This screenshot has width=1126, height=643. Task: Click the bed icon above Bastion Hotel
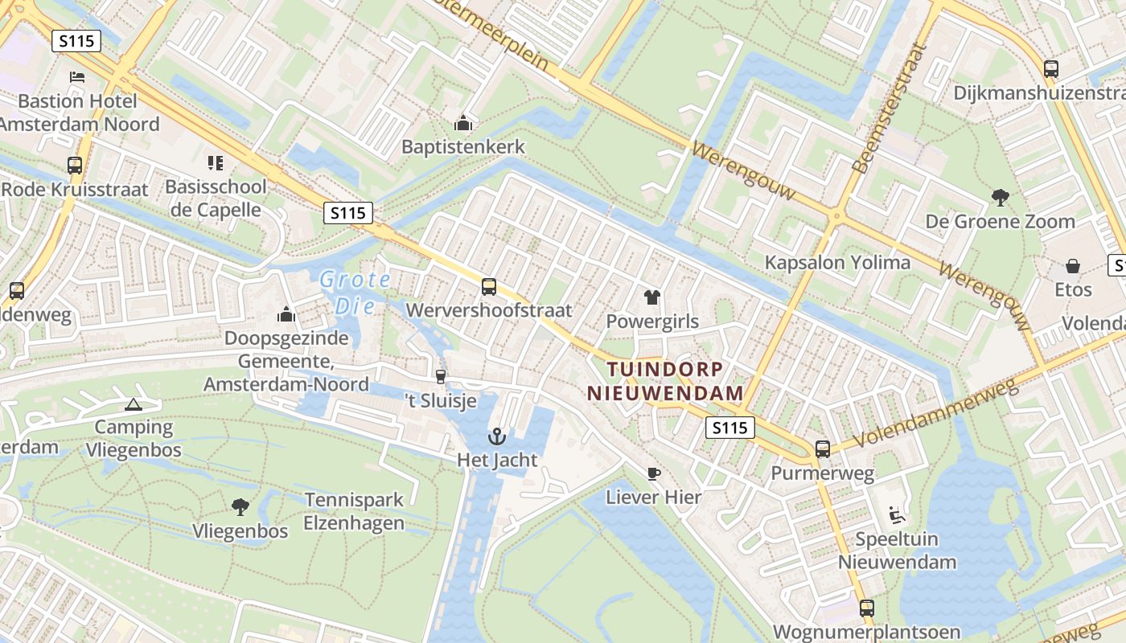tap(77, 77)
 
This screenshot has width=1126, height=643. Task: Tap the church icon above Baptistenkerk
tap(462, 123)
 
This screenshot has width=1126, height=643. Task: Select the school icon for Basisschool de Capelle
tap(215, 163)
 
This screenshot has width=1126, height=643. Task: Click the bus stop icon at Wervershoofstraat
tap(488, 286)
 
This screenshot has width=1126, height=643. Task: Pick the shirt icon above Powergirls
tap(651, 297)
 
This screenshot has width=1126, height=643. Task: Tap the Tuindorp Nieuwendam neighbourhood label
tap(664, 381)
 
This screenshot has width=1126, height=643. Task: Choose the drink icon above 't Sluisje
tap(440, 376)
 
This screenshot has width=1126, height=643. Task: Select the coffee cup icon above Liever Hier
tap(653, 473)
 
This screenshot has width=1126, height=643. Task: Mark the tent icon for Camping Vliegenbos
tap(134, 403)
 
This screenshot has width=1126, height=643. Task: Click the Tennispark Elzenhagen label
tap(354, 512)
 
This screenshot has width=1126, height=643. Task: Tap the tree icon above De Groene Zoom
tap(1000, 197)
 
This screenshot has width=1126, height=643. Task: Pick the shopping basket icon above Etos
tap(1073, 265)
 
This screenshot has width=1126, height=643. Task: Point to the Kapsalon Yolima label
tap(837, 262)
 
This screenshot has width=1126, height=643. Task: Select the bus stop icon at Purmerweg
tap(822, 449)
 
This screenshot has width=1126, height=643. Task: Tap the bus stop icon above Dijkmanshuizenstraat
tap(1050, 68)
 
